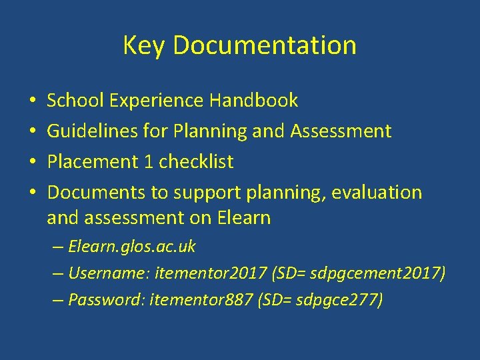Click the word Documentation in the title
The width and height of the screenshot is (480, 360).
pos(263,45)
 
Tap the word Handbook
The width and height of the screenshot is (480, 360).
pos(253,101)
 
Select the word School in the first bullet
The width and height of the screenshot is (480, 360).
pos(76,101)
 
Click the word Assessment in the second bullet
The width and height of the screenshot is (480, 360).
pos(341,131)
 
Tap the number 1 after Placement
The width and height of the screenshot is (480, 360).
pos(150,162)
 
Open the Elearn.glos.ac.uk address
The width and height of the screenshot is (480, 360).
pos(132,247)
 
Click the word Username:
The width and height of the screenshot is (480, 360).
pos(109,273)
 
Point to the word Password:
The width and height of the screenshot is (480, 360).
pos(108,300)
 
